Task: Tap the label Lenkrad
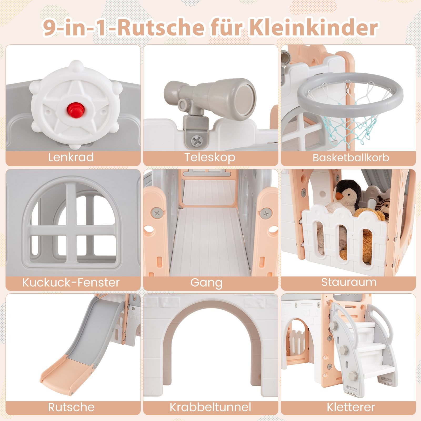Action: pos(71,157)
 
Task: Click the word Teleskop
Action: pos(210,157)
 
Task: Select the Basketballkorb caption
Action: pos(351,158)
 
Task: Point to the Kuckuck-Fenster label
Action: pos(71,282)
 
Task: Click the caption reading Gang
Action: pos(206,283)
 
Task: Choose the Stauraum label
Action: pos(349,282)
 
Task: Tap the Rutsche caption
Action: pos(71,407)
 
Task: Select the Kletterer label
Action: pos(351,407)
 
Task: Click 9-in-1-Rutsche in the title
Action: pos(123,28)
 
